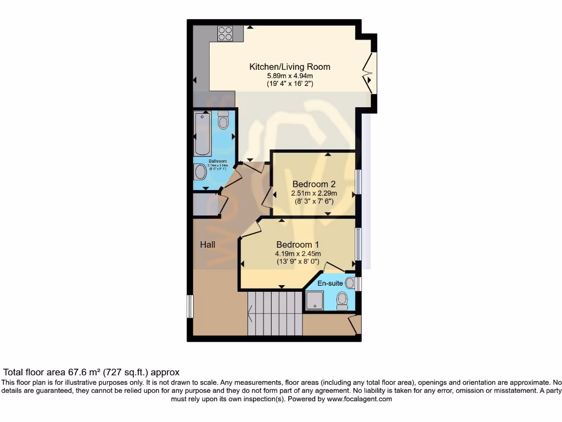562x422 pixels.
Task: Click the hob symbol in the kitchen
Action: pyautogui.click(x=225, y=34)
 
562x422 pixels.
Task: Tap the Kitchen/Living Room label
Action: pyautogui.click(x=290, y=67)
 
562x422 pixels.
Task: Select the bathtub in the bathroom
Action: pyautogui.click(x=203, y=133)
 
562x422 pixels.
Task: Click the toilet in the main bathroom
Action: pyautogui.click(x=223, y=120)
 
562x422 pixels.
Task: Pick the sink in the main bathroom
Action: pyautogui.click(x=200, y=173)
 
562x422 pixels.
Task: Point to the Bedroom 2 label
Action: pyautogui.click(x=314, y=184)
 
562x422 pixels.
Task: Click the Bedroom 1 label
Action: pyautogui.click(x=297, y=245)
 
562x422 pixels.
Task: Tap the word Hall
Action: pyautogui.click(x=207, y=245)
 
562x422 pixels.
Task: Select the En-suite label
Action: pyautogui.click(x=330, y=283)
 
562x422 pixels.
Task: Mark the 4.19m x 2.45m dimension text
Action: pyautogui.click(x=297, y=254)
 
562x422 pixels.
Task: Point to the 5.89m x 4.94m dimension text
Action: pyautogui.click(x=290, y=76)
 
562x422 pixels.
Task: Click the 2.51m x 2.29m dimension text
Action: pyautogui.click(x=314, y=193)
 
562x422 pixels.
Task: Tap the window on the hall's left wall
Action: pyautogui.click(x=190, y=307)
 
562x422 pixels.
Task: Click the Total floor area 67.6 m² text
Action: pyautogui.click(x=91, y=372)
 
